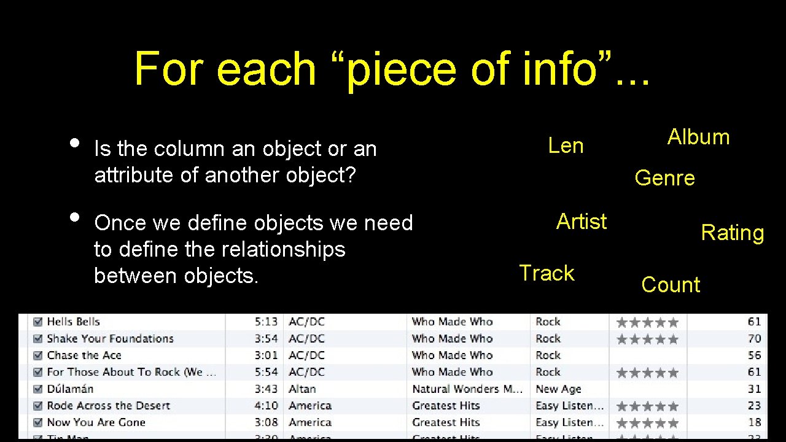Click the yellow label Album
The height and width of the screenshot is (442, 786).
(698, 137)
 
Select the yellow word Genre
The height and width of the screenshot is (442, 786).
(664, 178)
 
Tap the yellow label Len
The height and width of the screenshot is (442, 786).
(566, 146)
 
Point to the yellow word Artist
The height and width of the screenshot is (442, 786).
(581, 221)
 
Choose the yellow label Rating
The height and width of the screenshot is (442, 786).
(732, 233)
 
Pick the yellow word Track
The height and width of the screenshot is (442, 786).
(547, 273)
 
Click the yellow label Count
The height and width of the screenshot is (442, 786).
(671, 285)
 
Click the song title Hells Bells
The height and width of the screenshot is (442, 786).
(73, 322)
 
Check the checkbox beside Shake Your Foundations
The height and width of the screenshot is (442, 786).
(37, 339)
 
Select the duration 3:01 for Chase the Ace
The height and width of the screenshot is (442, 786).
(266, 355)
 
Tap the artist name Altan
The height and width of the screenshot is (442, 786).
(302, 389)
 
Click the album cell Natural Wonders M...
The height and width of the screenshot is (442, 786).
(467, 389)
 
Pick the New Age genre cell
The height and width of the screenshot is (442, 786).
(558, 389)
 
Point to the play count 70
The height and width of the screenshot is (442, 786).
(754, 339)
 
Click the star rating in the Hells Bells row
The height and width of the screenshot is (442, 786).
(647, 322)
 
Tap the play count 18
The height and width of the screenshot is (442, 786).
(754, 423)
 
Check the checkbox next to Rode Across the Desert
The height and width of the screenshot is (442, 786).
(37, 406)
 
